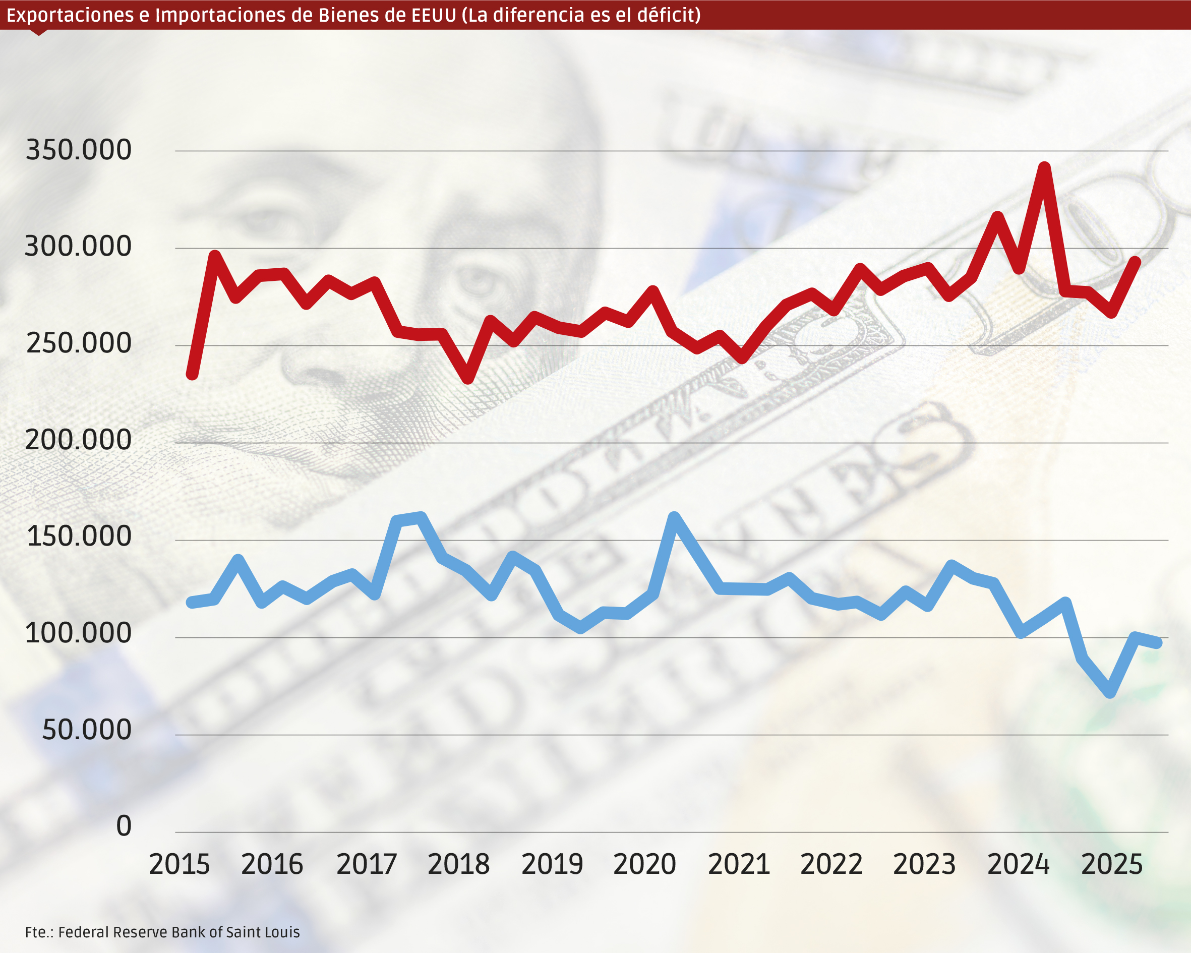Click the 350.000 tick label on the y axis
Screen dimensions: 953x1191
coord(79,150)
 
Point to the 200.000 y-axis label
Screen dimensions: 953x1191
coord(79,440)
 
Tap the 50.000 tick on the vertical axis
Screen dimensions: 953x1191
coord(87,730)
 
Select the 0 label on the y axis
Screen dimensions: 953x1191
coord(124,826)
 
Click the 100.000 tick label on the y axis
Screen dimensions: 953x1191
coord(79,633)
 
